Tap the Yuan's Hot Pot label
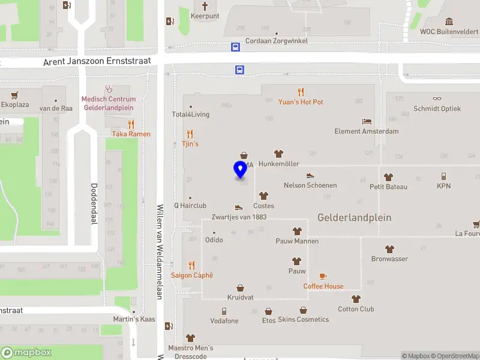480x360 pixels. click(x=301, y=102)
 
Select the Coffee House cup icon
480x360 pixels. click(x=323, y=276)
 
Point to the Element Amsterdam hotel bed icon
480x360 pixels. click(x=367, y=121)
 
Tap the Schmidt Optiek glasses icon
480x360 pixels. click(x=437, y=98)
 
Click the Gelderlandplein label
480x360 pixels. click(x=355, y=217)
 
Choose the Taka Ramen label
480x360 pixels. click(x=130, y=134)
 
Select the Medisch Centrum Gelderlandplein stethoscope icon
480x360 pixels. click(x=109, y=89)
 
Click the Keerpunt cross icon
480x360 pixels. click(x=205, y=5)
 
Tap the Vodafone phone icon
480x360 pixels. click(x=224, y=311)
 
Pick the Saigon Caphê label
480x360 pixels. click(x=191, y=275)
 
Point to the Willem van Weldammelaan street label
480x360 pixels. click(x=160, y=251)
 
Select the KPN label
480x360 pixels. click(x=443, y=186)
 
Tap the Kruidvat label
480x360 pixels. click(x=240, y=298)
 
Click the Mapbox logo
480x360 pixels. click(x=26, y=353)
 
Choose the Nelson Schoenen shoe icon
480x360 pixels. click(x=310, y=175)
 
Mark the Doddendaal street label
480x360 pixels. click(x=94, y=204)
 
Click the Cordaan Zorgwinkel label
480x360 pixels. click(x=277, y=41)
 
